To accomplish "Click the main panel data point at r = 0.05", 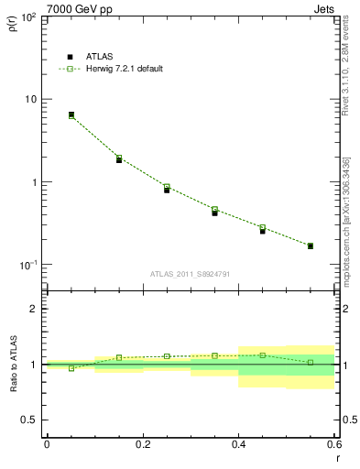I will [71, 115].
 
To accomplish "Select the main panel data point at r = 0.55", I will [311, 245].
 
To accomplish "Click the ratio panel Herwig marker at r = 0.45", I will [263, 355].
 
